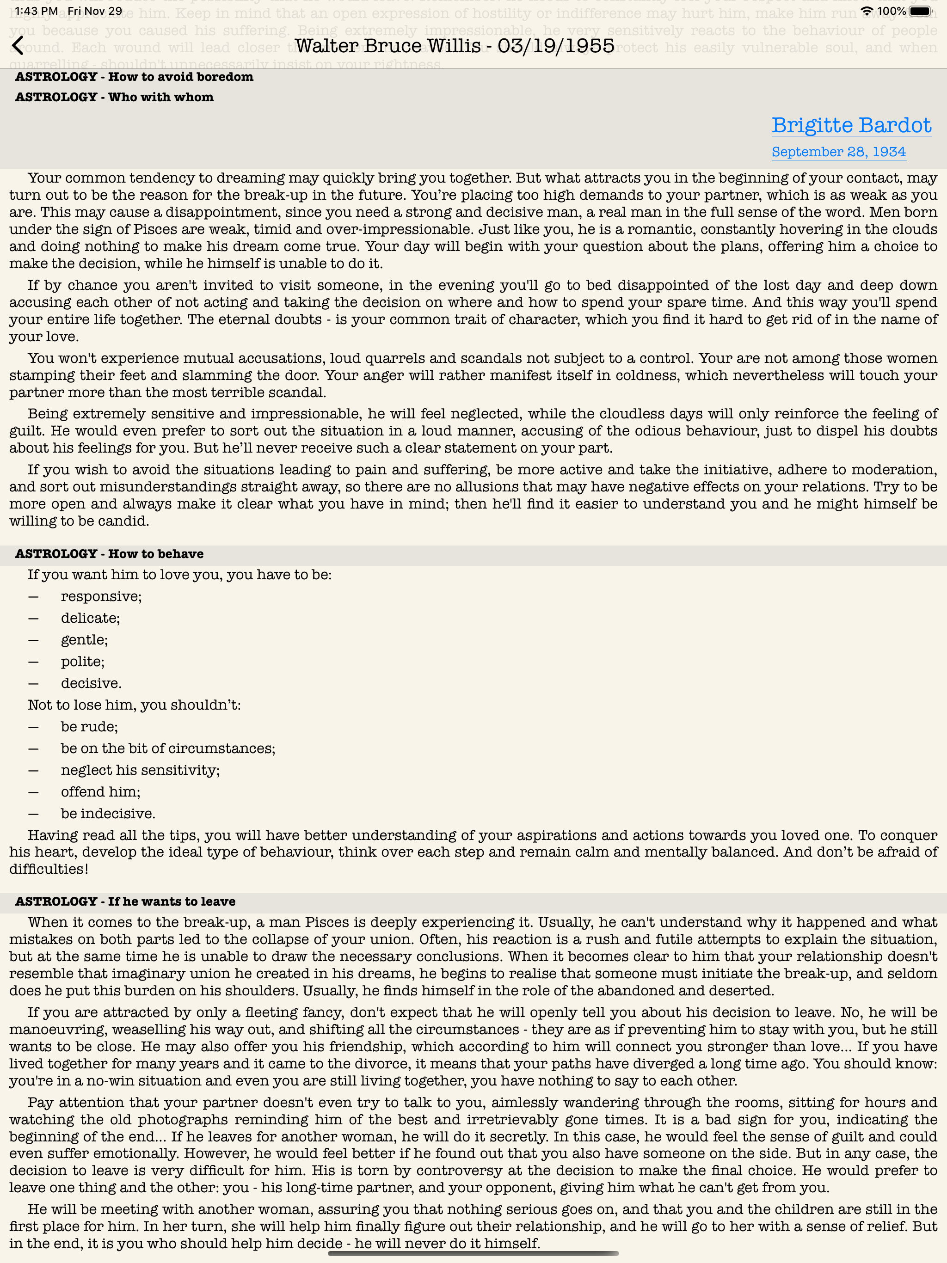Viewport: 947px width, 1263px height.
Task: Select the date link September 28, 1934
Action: pyautogui.click(x=838, y=152)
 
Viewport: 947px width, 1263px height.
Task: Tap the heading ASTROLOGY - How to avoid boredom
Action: pyautogui.click(x=134, y=77)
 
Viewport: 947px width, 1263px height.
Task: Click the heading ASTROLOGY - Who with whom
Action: pyautogui.click(x=114, y=98)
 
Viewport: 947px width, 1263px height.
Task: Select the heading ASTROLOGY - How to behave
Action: pyautogui.click(x=109, y=554)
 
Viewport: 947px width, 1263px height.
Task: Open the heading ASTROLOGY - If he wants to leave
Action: pyautogui.click(x=125, y=901)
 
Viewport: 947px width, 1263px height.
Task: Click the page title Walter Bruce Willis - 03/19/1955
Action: pyautogui.click(x=454, y=46)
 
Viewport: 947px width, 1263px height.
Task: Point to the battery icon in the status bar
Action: pyautogui.click(x=920, y=11)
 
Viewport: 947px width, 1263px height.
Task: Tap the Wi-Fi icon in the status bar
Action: pyautogui.click(x=866, y=11)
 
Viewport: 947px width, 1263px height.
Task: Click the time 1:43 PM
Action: pyautogui.click(x=36, y=11)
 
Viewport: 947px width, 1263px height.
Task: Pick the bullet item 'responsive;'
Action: pyautogui.click(x=101, y=597)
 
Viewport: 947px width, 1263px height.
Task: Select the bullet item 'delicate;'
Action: pyautogui.click(x=90, y=619)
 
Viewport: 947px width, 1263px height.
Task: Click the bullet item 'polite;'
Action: pyautogui.click(x=83, y=662)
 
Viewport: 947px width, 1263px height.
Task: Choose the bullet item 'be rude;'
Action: pyautogui.click(x=89, y=727)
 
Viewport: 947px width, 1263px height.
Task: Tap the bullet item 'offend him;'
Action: pyautogui.click(x=100, y=792)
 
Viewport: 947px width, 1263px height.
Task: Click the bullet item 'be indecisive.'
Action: pyautogui.click(x=108, y=814)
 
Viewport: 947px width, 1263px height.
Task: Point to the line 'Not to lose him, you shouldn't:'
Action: pyautogui.click(x=134, y=705)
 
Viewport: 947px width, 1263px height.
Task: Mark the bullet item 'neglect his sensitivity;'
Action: pyautogui.click(x=140, y=770)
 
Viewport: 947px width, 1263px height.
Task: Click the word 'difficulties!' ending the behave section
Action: pyautogui.click(x=49, y=869)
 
